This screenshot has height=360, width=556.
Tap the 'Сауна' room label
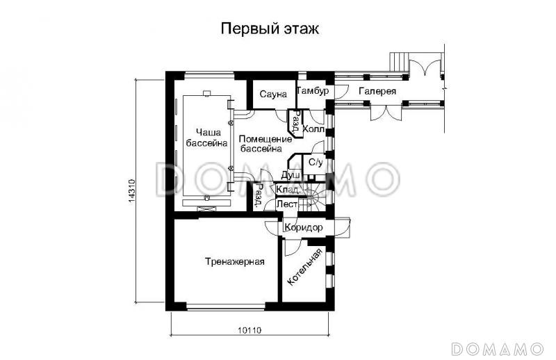pos(274,95)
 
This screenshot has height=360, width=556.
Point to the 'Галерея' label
pos(378,92)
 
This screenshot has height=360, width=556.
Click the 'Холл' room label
pos(314,129)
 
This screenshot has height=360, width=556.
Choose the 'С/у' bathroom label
pos(316,163)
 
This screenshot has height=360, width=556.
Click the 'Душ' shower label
pos(291,175)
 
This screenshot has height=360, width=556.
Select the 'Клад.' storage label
pos(288,190)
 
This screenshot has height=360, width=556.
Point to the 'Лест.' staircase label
pos(287,204)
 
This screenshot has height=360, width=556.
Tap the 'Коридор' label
pos(303,227)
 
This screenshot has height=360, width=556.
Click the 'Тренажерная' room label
pos(234,262)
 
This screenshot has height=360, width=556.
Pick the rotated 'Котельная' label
pos(304,268)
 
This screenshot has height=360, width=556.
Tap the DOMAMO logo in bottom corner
pos(496,347)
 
